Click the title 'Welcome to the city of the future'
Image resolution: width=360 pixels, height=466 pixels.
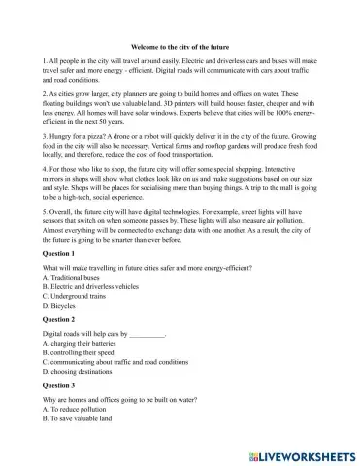click(180, 45)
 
